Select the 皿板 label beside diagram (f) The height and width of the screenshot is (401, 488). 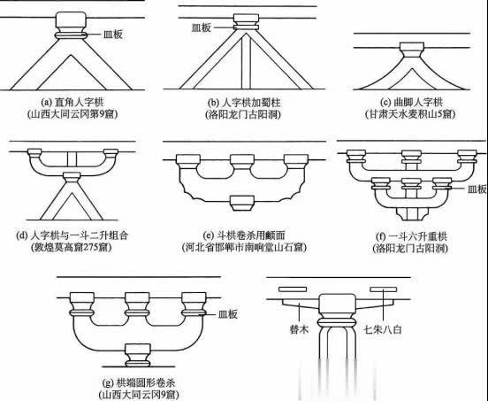pos(477,189)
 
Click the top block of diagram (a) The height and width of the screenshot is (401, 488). pos(71,19)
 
